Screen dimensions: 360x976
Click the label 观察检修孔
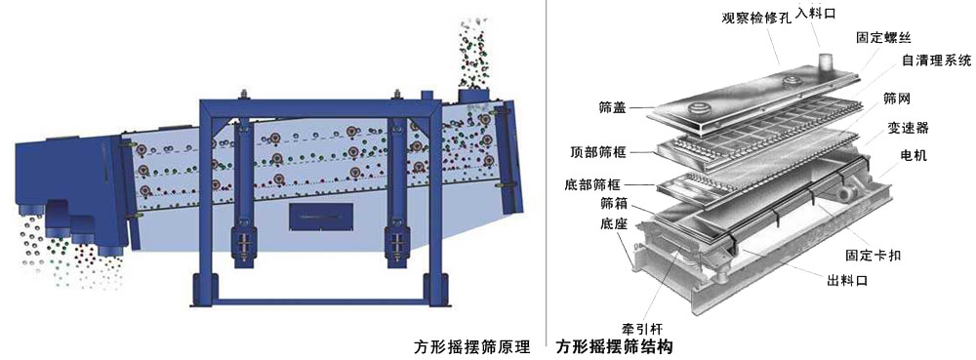pyautogui.click(x=753, y=18)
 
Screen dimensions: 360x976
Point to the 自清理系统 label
pyautogui.click(x=935, y=60)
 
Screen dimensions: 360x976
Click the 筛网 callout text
pyautogui.click(x=897, y=100)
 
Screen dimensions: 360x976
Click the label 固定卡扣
pyautogui.click(x=873, y=254)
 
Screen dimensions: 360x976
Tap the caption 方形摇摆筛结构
pyautogui.click(x=614, y=346)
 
